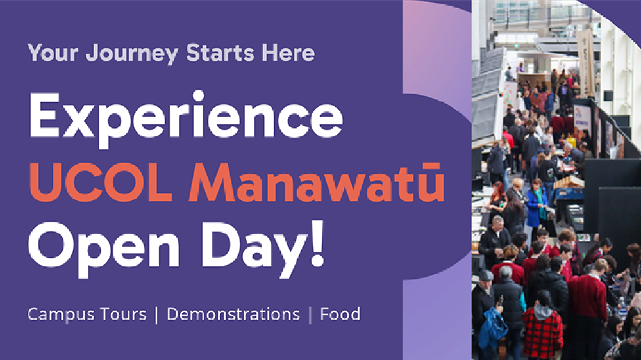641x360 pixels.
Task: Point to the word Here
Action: coord(288,53)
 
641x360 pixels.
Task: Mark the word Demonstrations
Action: coord(233,315)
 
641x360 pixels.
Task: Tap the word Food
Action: coord(340,315)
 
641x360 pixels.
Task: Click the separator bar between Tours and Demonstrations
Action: coord(156,315)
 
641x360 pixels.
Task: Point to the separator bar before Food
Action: coord(310,315)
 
